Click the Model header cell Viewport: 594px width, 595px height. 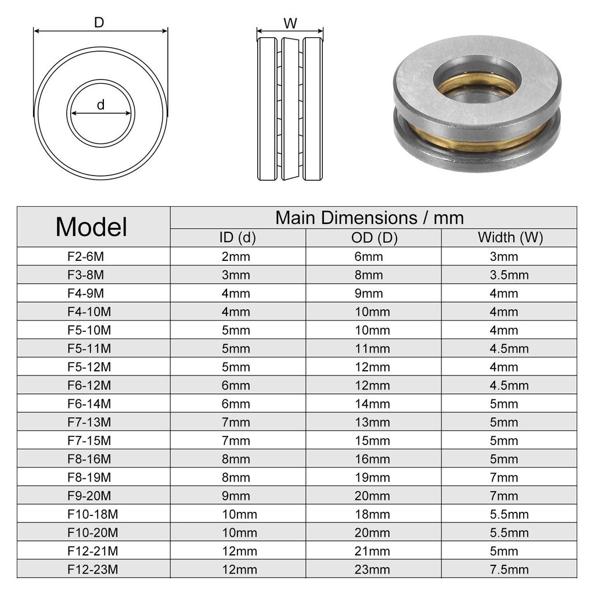[91, 227]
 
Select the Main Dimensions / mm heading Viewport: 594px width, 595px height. [369, 218]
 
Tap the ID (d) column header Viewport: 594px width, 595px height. [237, 238]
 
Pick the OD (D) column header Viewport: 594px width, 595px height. [375, 238]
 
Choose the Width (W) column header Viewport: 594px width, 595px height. [510, 238]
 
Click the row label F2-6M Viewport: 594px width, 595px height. [85, 256]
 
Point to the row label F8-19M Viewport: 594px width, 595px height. [89, 478]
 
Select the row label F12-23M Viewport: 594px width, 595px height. [92, 569]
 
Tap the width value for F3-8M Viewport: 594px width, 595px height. [509, 275]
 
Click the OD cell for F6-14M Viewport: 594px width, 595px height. [372, 404]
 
